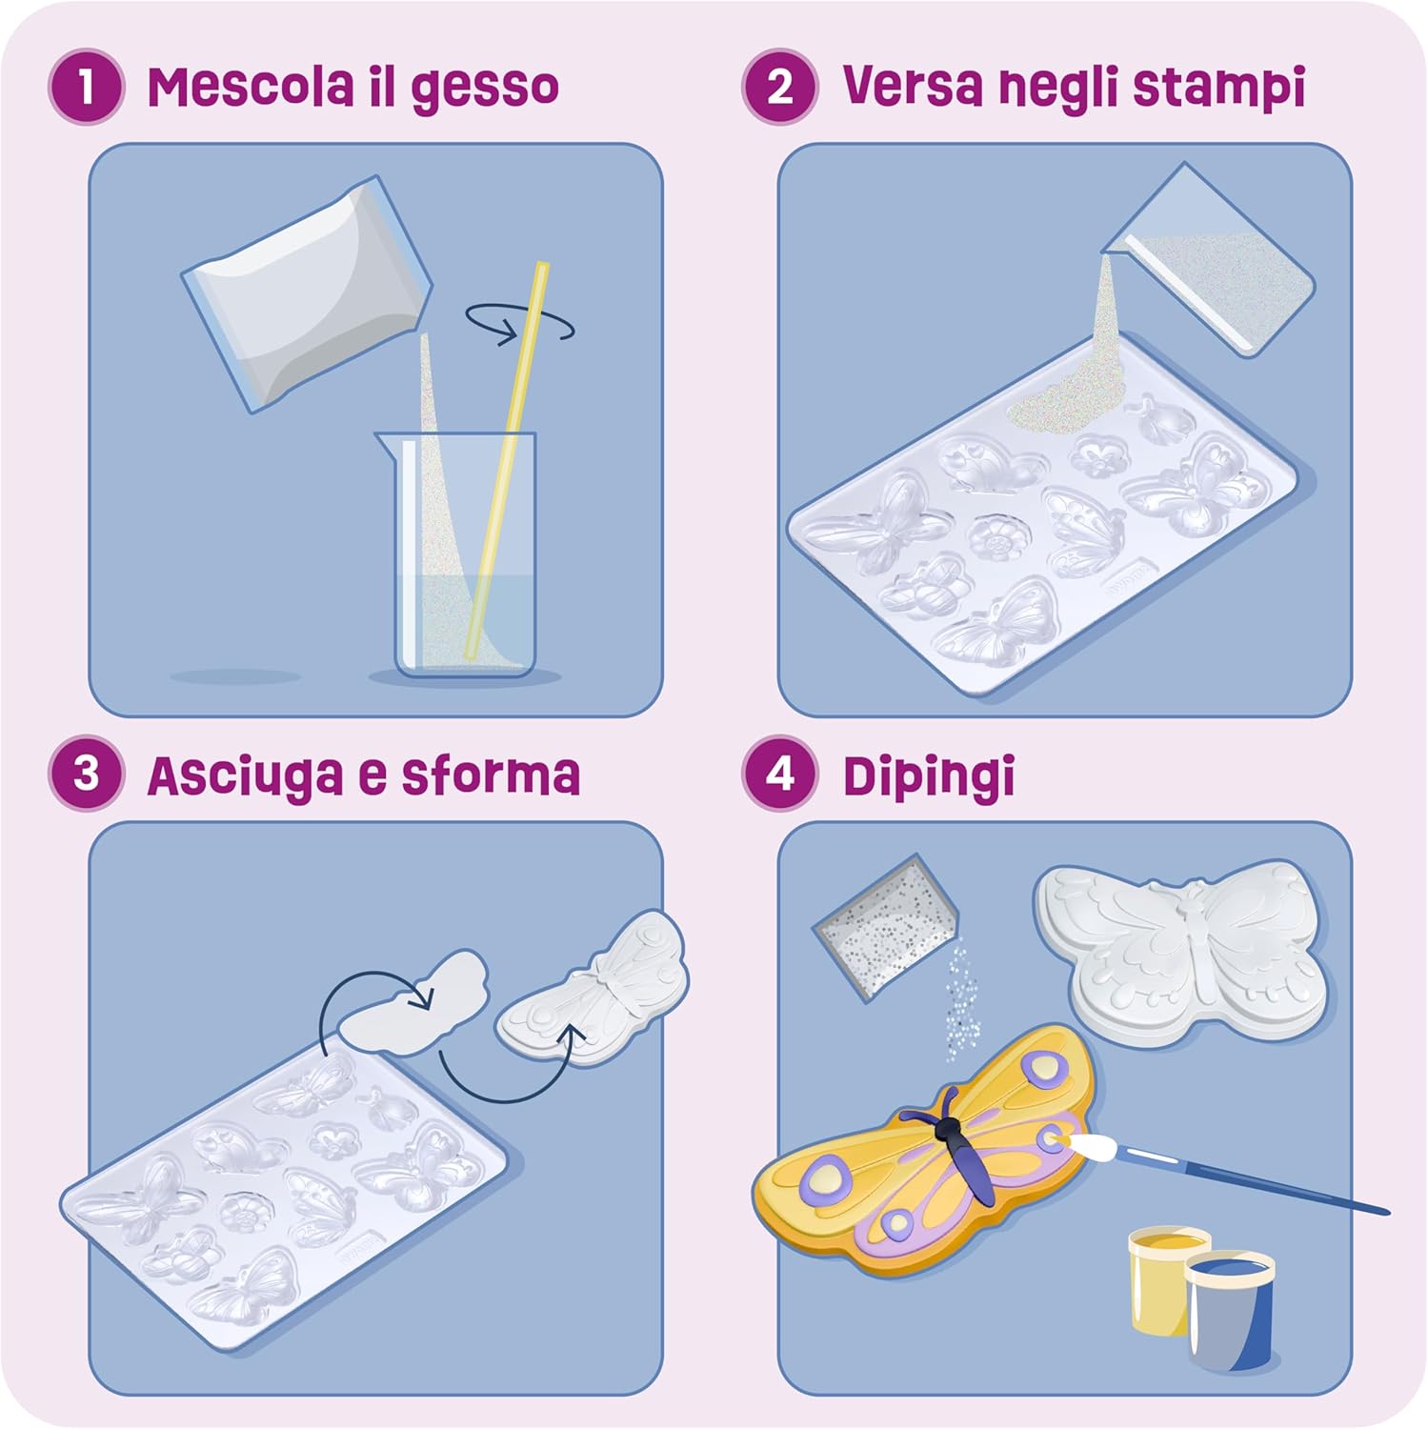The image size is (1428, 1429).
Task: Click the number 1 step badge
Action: pos(86,88)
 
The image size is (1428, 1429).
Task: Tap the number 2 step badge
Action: pos(780,88)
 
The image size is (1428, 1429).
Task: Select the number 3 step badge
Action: pos(86,774)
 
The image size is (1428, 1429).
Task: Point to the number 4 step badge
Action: pos(780,774)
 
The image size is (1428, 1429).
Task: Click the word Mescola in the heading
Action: pos(251,88)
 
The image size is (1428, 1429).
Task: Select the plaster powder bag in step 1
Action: pos(307,292)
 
